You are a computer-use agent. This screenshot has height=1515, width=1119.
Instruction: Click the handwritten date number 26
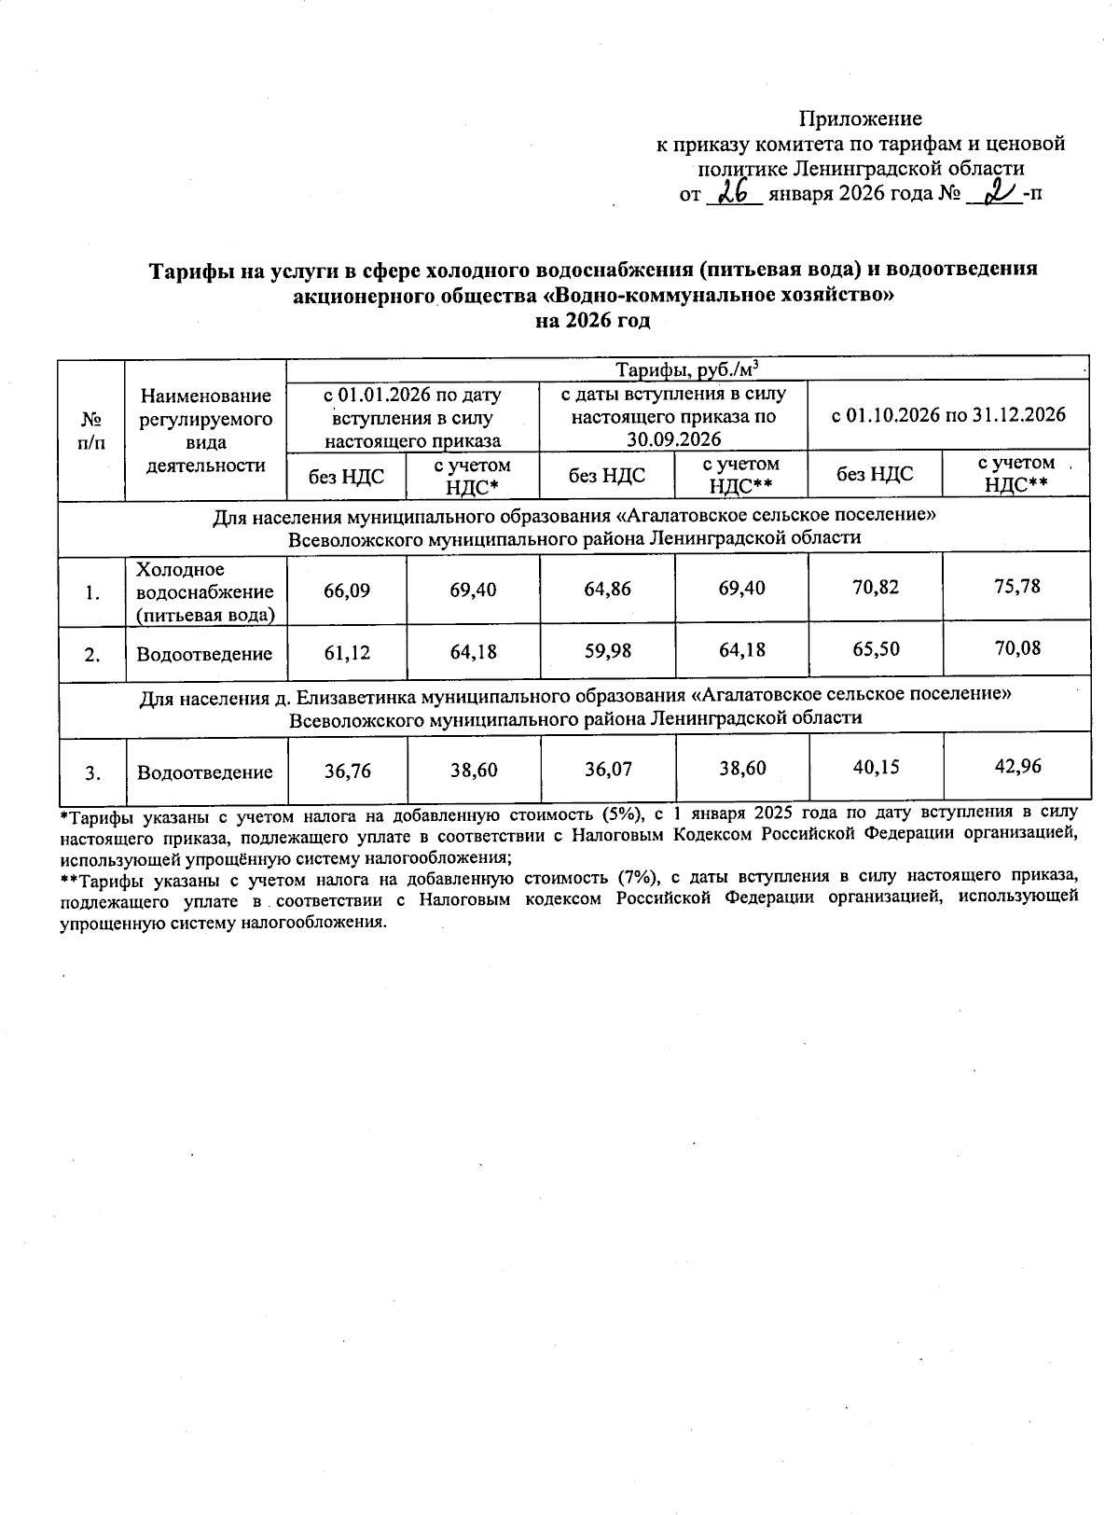pyautogui.click(x=735, y=193)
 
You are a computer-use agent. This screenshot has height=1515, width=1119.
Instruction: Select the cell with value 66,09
pyautogui.click(x=347, y=591)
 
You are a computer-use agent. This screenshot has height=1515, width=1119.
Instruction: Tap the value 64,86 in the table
pyautogui.click(x=606, y=591)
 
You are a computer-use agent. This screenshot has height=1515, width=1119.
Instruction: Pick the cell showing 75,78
pyautogui.click(x=1016, y=587)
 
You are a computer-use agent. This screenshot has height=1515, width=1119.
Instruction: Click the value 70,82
pyautogui.click(x=876, y=588)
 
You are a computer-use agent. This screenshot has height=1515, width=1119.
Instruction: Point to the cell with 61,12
pyautogui.click(x=347, y=652)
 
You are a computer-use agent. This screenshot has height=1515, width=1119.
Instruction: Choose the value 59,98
pyautogui.click(x=606, y=651)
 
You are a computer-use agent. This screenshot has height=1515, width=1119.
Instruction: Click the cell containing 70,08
pyautogui.click(x=1016, y=647)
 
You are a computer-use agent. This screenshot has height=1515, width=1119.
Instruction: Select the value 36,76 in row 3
pyautogui.click(x=347, y=771)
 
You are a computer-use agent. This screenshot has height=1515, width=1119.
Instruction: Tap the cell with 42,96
pyautogui.click(x=1016, y=767)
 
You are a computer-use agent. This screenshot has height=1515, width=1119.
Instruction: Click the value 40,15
pyautogui.click(x=876, y=768)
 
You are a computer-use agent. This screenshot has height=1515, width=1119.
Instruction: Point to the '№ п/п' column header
pyautogui.click(x=91, y=430)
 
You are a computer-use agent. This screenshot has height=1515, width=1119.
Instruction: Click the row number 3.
pyautogui.click(x=91, y=772)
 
